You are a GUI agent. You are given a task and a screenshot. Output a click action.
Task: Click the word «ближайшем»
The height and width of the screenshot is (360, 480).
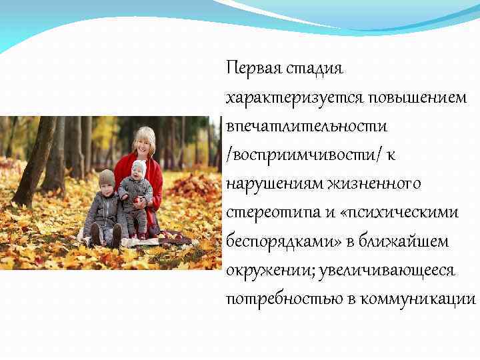(x=407, y=241)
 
